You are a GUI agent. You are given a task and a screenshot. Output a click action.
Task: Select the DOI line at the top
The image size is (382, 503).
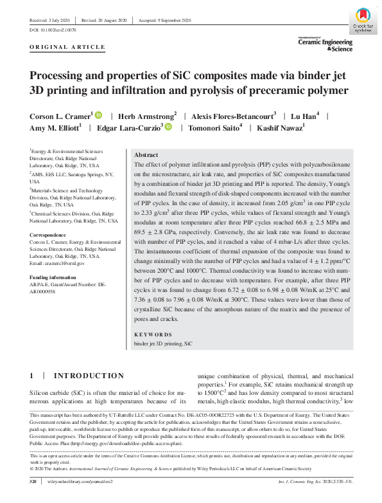point(53,30)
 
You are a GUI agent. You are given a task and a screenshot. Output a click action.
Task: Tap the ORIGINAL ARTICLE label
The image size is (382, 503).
point(67,48)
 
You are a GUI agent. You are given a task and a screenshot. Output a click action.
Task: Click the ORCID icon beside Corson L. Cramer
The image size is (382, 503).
point(98,115)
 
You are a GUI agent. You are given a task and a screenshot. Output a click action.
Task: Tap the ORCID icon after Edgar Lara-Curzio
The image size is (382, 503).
point(168,128)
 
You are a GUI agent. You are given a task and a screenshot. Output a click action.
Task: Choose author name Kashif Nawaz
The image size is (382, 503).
point(281,128)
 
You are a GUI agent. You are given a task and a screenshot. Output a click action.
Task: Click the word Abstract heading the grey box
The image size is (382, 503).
point(147,156)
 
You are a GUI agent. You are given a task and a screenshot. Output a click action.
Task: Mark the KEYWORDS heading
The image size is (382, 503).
point(153,334)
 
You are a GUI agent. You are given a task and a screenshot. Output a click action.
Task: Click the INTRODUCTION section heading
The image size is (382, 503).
point(89,376)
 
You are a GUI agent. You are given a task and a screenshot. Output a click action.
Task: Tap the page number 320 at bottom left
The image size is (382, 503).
point(34,480)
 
